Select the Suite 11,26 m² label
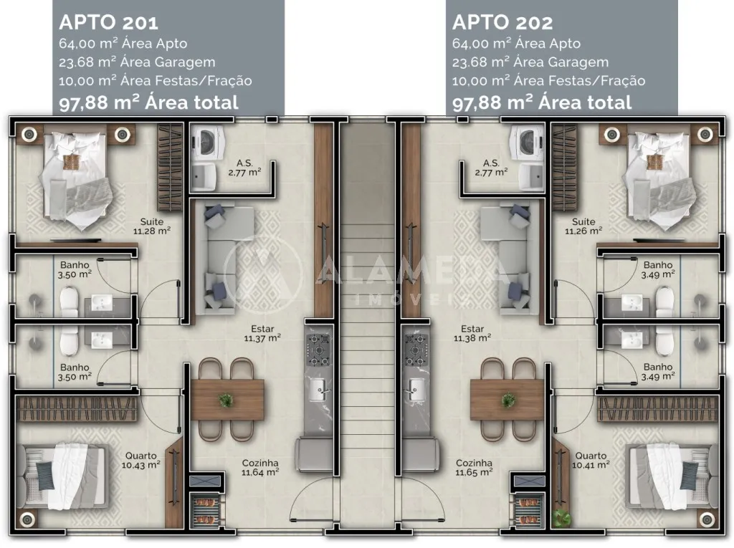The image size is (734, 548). point(583,226)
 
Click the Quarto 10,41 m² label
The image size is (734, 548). point(591,459)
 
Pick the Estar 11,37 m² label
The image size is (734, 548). point(262,335)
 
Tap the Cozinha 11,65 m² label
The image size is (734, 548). point(474,467)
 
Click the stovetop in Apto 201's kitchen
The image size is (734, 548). point(318,350)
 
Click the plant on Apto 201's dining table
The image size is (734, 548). point(227,400)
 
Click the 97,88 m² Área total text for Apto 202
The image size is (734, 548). point(542,102)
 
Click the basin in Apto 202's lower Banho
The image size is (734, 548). point(631,340)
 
